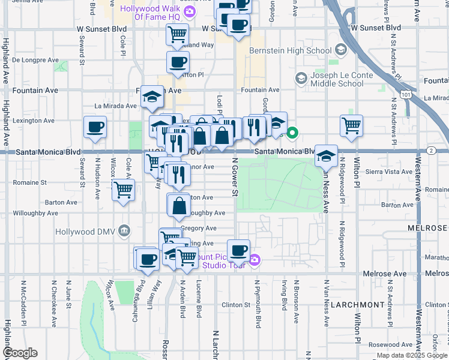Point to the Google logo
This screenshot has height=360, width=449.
click(20, 353)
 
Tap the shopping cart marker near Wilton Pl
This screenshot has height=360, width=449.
click(351, 125)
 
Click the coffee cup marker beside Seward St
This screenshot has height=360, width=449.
click(95, 127)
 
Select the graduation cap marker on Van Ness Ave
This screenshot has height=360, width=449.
click(326, 155)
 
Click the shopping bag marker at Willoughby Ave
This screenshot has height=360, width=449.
click(179, 206)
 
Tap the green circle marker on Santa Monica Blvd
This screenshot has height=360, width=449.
click(292, 133)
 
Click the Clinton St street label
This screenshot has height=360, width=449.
click(235, 304)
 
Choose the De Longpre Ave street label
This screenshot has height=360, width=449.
click(35, 60)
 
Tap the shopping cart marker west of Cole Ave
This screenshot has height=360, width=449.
click(123, 190)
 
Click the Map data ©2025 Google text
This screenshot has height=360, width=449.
click(411, 355)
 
